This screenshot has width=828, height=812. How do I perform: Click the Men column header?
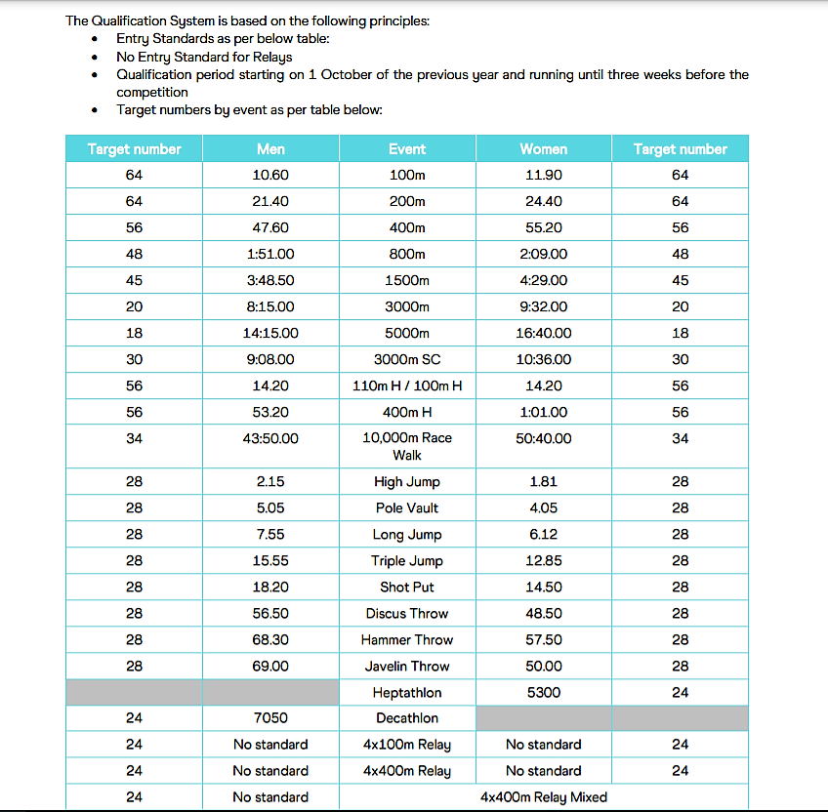point(270,149)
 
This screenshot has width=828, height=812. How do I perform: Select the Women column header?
point(544,149)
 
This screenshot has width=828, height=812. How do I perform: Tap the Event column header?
point(407,149)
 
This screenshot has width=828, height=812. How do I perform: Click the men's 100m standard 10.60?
point(270,176)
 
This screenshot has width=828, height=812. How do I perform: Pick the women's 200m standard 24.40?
point(544,202)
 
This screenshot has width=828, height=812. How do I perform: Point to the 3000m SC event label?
point(407,360)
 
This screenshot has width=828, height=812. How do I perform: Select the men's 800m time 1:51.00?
point(270,255)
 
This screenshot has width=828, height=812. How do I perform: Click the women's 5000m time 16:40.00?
point(544,334)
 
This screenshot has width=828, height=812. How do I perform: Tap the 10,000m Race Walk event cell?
point(407,446)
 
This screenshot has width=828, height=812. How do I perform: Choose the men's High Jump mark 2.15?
point(270,482)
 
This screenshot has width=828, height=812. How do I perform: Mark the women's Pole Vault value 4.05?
point(544,508)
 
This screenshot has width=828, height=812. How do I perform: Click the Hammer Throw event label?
point(407,640)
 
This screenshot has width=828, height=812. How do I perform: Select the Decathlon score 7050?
point(270,718)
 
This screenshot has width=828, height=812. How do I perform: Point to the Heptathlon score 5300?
point(544,693)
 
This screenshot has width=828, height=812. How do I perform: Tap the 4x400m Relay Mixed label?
point(544,797)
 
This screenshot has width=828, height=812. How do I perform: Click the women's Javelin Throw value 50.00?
point(544,667)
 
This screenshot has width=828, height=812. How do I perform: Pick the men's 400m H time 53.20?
point(270,413)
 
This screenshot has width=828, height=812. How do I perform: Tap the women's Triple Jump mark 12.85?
point(544,561)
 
